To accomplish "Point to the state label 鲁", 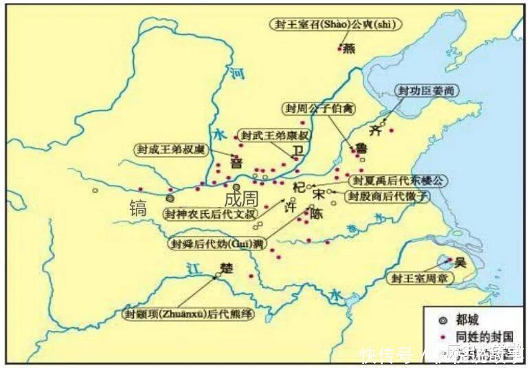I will coord(359,149).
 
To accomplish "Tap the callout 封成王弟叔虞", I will coord(171,149).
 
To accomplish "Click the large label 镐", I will coord(139,207).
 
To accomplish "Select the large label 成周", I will coord(241,199).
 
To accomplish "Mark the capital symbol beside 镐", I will coord(170,197).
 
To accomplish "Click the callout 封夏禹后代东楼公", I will coord(398,181).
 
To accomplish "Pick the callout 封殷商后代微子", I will coord(387,196).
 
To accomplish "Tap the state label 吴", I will coord(461,262).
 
